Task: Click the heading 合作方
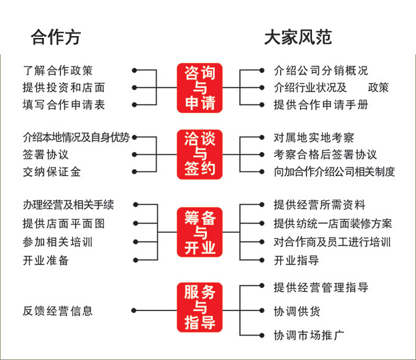(x=55, y=38)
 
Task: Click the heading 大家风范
(x=298, y=38)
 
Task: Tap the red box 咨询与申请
(x=200, y=88)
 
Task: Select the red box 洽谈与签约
(x=200, y=154)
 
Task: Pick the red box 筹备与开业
(x=200, y=232)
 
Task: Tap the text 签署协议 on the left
(x=45, y=155)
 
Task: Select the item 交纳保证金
(x=51, y=172)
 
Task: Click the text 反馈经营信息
(x=58, y=311)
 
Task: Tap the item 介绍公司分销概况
(x=321, y=72)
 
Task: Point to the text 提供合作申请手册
(x=321, y=105)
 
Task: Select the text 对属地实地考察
(x=314, y=138)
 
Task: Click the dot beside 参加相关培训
(x=136, y=241)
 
